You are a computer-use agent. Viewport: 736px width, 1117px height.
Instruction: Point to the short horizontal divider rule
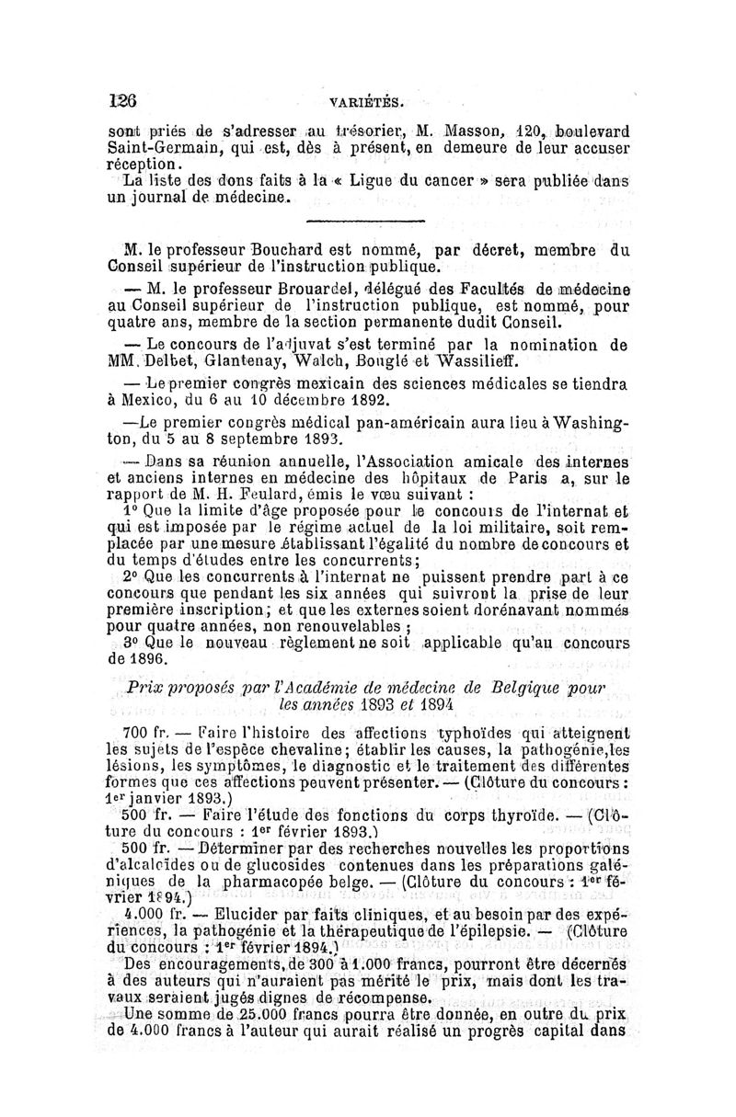point(363,221)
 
